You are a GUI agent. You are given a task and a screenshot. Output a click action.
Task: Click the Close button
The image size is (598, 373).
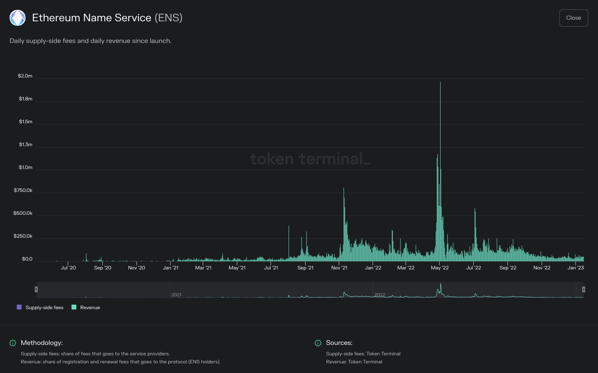tap(574, 18)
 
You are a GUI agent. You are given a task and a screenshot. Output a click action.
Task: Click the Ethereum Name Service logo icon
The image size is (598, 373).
tap(18, 18)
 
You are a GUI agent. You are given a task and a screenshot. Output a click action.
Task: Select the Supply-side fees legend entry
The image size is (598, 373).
tap(40, 308)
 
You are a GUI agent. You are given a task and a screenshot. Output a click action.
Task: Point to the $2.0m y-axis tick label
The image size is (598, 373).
tap(25, 76)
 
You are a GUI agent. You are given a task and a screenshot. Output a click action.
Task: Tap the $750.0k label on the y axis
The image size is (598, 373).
tap(23, 190)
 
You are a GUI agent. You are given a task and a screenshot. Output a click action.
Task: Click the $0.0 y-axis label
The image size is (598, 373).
tap(27, 259)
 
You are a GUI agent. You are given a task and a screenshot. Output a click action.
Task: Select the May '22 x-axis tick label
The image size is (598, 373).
tap(440, 268)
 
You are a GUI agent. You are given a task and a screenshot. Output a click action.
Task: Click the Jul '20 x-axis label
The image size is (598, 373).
tap(68, 268)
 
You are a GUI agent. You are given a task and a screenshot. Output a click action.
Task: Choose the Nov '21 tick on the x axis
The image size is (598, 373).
tap(339, 268)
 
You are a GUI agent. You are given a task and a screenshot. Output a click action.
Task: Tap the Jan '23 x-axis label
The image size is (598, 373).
tap(576, 268)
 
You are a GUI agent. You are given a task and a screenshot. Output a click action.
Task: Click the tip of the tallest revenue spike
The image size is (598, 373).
tap(440, 83)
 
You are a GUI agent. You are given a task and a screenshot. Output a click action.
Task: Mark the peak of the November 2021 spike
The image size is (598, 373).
tap(344, 188)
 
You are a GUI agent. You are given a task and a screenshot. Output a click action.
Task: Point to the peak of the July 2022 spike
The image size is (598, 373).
tap(475, 209)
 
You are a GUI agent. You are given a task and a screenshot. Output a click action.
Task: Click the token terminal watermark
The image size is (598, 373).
tap(310, 159)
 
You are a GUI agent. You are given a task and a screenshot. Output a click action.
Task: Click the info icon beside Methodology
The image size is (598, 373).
tap(13, 343)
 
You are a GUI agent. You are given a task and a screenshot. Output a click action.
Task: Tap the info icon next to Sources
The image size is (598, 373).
tap(318, 343)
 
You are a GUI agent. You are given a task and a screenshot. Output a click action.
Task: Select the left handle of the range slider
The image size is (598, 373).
tap(36, 289)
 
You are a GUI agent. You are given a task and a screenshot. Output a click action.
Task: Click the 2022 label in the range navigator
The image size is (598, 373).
tap(380, 295)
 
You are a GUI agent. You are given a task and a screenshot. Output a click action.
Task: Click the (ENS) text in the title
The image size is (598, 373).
tap(168, 18)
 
